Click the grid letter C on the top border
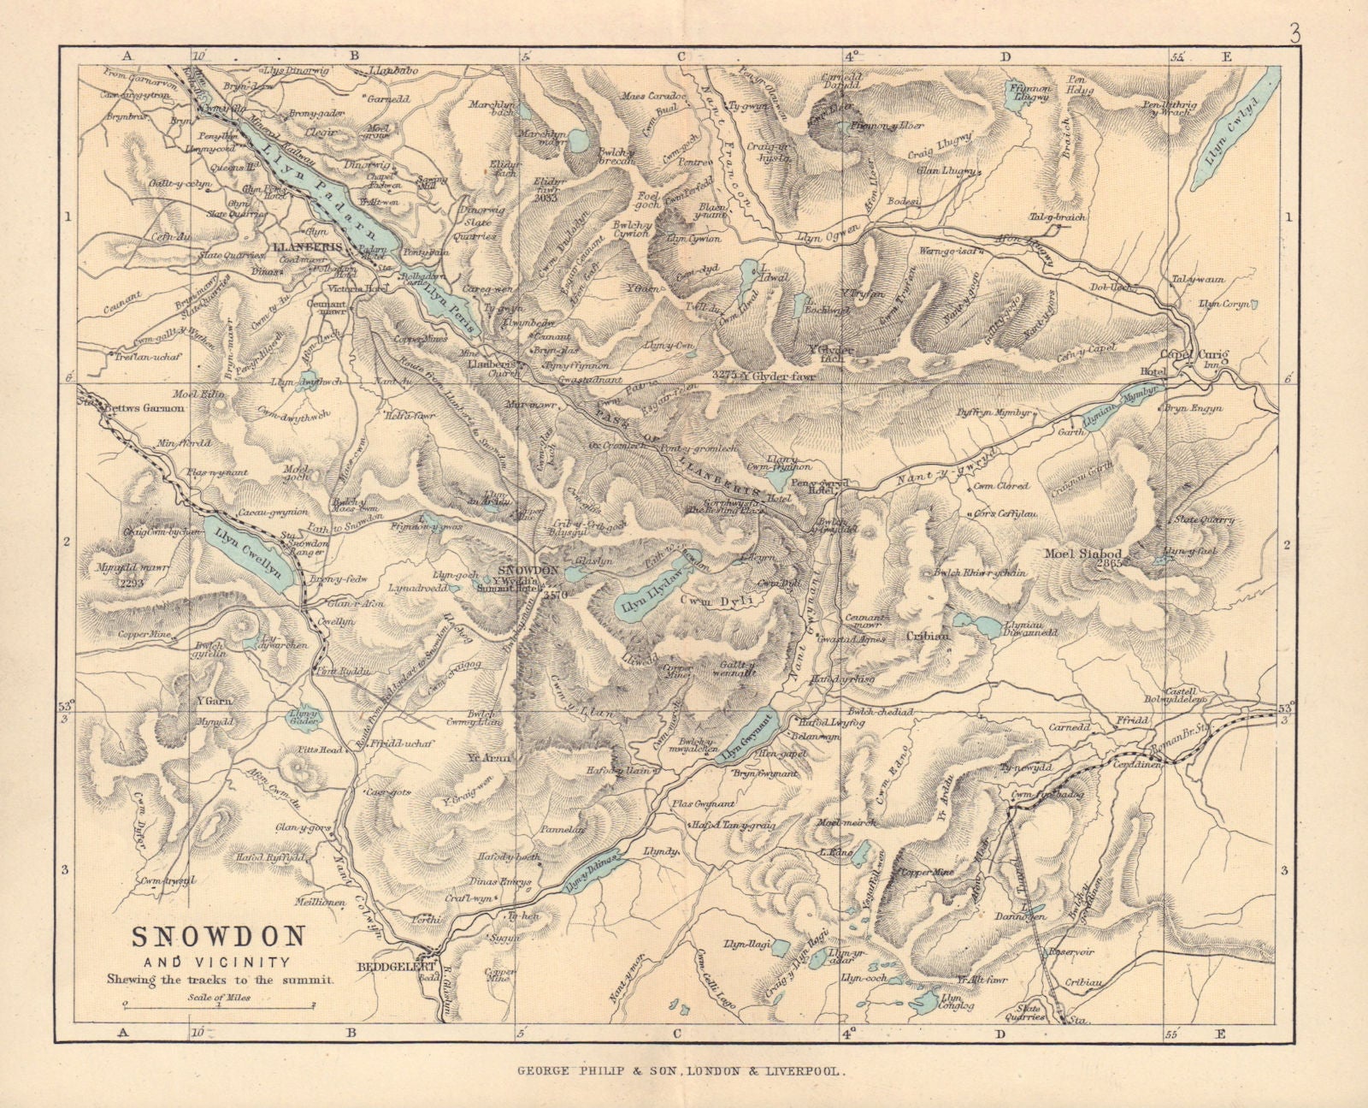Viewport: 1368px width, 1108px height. (x=681, y=56)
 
